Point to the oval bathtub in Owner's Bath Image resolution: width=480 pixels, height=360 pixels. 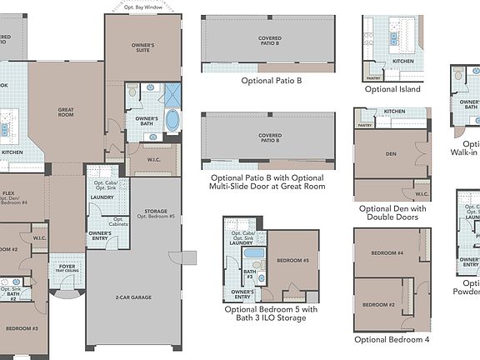(172, 120)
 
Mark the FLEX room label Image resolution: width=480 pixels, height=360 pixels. (8, 192)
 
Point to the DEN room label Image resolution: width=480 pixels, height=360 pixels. (389, 154)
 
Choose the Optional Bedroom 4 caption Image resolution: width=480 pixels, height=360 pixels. (392, 339)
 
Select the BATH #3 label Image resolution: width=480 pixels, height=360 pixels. (248, 274)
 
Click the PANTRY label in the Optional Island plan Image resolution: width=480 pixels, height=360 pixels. (373, 78)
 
